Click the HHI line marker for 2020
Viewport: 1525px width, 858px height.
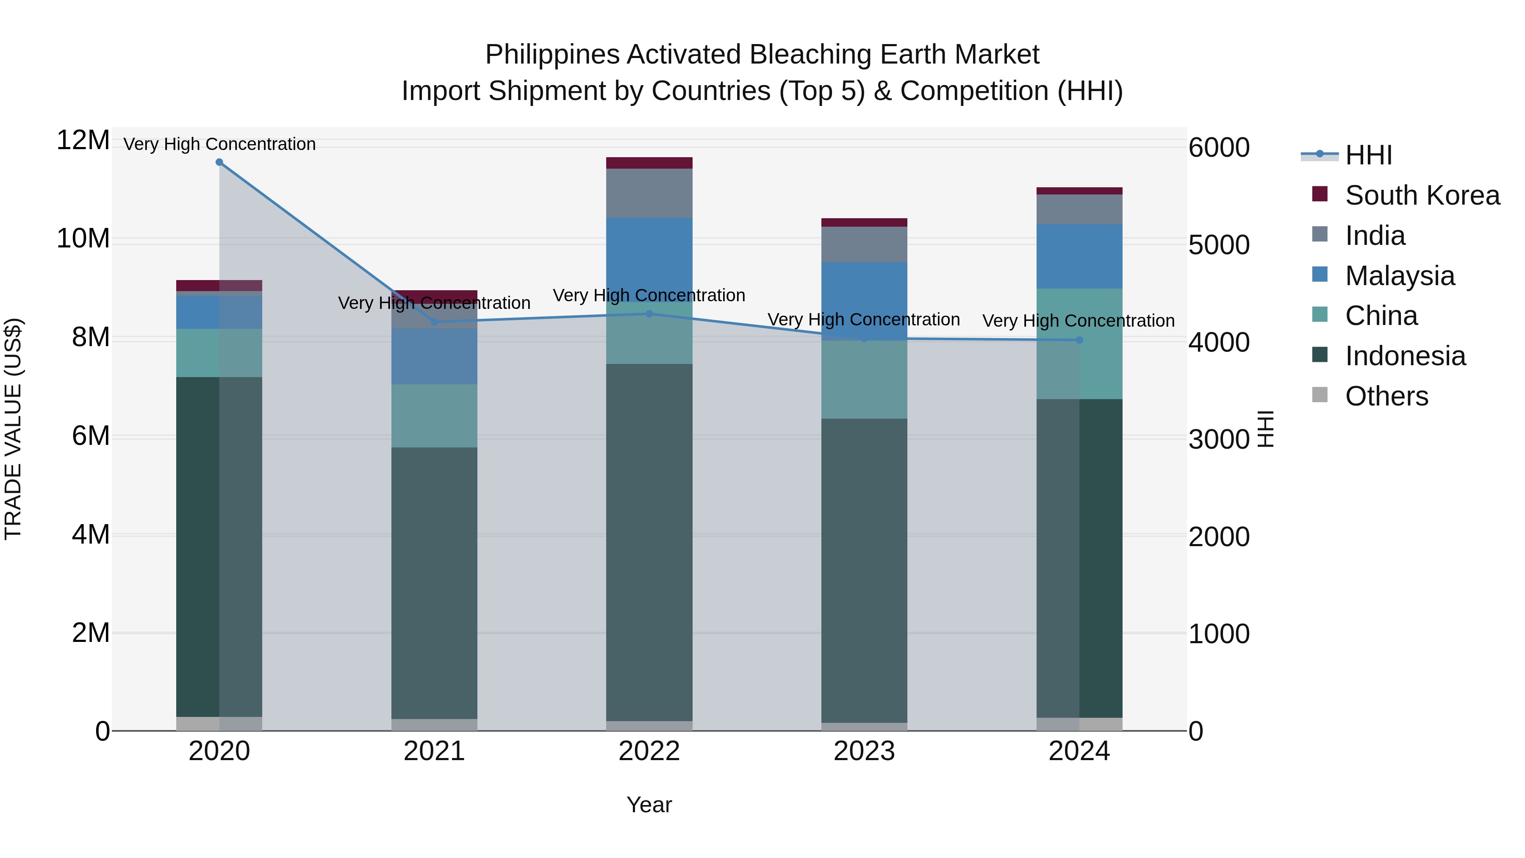coord(219,162)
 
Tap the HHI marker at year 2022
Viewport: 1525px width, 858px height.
coord(649,314)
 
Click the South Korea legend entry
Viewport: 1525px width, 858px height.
coord(1422,195)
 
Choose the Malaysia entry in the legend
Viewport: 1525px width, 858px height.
coord(1400,276)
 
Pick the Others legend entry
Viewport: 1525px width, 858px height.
coord(1386,396)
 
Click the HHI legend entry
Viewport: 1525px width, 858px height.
coord(1368,155)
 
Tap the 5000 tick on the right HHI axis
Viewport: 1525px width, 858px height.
coord(1218,245)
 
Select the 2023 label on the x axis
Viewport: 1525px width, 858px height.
coord(864,751)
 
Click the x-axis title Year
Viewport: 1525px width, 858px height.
coord(649,805)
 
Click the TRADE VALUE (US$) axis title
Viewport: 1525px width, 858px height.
coord(13,429)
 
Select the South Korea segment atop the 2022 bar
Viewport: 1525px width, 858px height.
coord(649,163)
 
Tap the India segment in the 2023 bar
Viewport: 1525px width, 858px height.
coord(864,244)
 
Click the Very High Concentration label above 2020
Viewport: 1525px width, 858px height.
coord(219,144)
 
